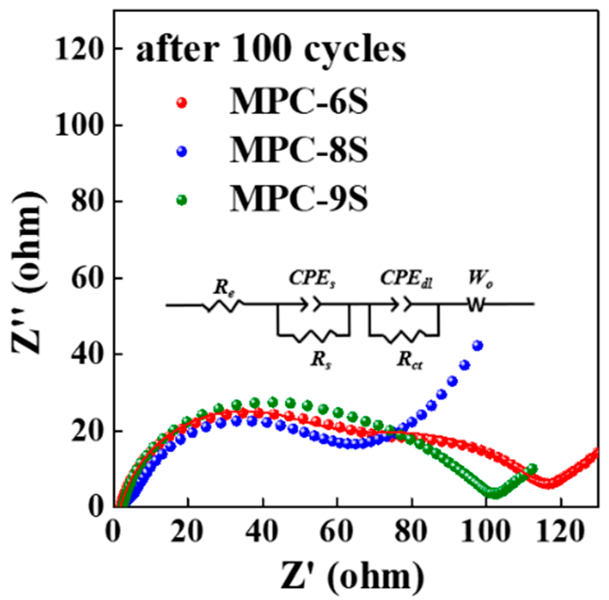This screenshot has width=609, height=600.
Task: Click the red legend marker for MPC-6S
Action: point(181,103)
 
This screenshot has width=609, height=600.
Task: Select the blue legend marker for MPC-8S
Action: point(181,152)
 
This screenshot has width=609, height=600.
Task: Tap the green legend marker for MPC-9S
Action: point(181,200)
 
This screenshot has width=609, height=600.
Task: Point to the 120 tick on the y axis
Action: point(78,49)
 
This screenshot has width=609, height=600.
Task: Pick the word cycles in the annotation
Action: point(355,51)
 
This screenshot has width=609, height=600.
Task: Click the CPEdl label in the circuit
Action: point(406,279)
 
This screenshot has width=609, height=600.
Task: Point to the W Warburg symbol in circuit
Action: point(476,305)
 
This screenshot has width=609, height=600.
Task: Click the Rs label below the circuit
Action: point(321,361)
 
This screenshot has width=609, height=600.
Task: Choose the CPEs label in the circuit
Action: point(312,279)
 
